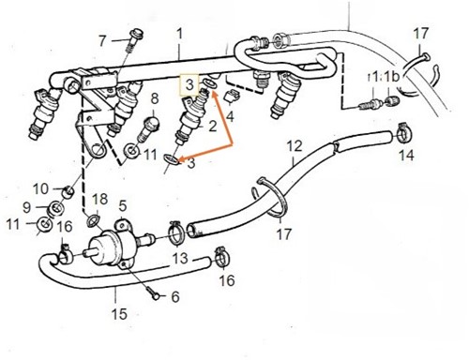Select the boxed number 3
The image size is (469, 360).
(x=189, y=84)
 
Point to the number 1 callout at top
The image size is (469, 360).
(x=178, y=34)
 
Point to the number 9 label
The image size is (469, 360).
(x=27, y=206)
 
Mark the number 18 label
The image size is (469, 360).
(x=100, y=199)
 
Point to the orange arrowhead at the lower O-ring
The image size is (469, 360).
(x=180, y=155)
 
